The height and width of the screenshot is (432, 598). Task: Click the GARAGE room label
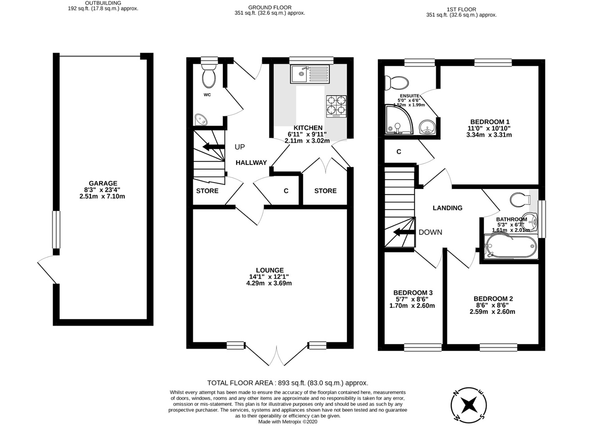pyautogui.click(x=103, y=183)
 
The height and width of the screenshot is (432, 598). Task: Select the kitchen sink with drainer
pyautogui.click(x=310, y=74)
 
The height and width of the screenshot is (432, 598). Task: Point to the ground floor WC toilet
pyautogui.click(x=208, y=76)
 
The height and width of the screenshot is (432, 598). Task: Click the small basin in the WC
pyautogui.click(x=201, y=120)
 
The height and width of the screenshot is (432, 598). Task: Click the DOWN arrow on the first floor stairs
pyautogui.click(x=404, y=232)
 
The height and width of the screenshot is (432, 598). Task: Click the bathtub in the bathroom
pyautogui.click(x=510, y=247)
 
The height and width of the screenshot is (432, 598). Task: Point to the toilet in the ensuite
pyautogui.click(x=396, y=82)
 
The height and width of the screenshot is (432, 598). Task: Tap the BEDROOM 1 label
pyautogui.click(x=490, y=122)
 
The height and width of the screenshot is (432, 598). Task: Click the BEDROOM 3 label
pyautogui.click(x=412, y=292)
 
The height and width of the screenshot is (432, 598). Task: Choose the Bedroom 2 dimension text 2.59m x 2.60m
pyautogui.click(x=493, y=311)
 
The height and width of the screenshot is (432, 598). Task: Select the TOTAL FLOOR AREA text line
pyautogui.click(x=288, y=383)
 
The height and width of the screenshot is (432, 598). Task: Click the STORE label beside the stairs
pyautogui.click(x=207, y=191)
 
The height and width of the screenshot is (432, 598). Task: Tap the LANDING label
pyautogui.click(x=447, y=208)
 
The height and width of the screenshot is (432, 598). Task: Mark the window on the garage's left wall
pyautogui.click(x=56, y=229)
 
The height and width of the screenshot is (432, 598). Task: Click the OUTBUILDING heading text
pyautogui.click(x=103, y=3)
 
